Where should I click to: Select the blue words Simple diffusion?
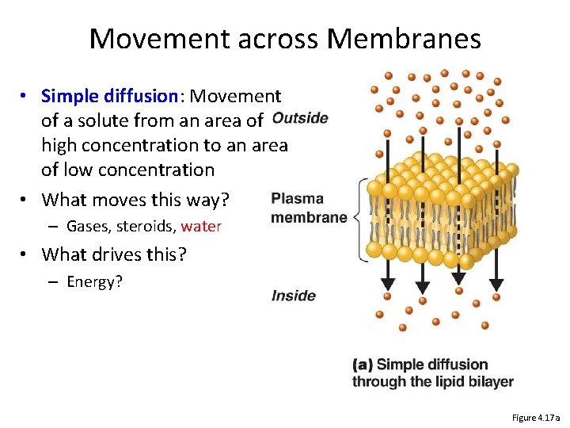pyautogui.click(x=110, y=97)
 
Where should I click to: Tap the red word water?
pyautogui.click(x=201, y=227)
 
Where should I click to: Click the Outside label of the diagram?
pyautogui.click(x=299, y=118)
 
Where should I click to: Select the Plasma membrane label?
pyautogui.click(x=309, y=208)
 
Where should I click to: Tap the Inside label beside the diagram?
pyautogui.click(x=294, y=296)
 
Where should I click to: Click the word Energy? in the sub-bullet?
pyautogui.click(x=94, y=282)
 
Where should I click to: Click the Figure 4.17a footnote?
pyautogui.click(x=536, y=418)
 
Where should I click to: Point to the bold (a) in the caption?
pyautogui.click(x=363, y=365)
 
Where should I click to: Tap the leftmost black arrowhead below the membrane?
pyautogui.click(x=387, y=285)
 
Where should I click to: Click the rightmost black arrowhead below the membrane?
pyautogui.click(x=496, y=285)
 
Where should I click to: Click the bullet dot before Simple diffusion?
pyautogui.click(x=26, y=97)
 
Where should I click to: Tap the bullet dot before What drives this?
pyautogui.click(x=26, y=254)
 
